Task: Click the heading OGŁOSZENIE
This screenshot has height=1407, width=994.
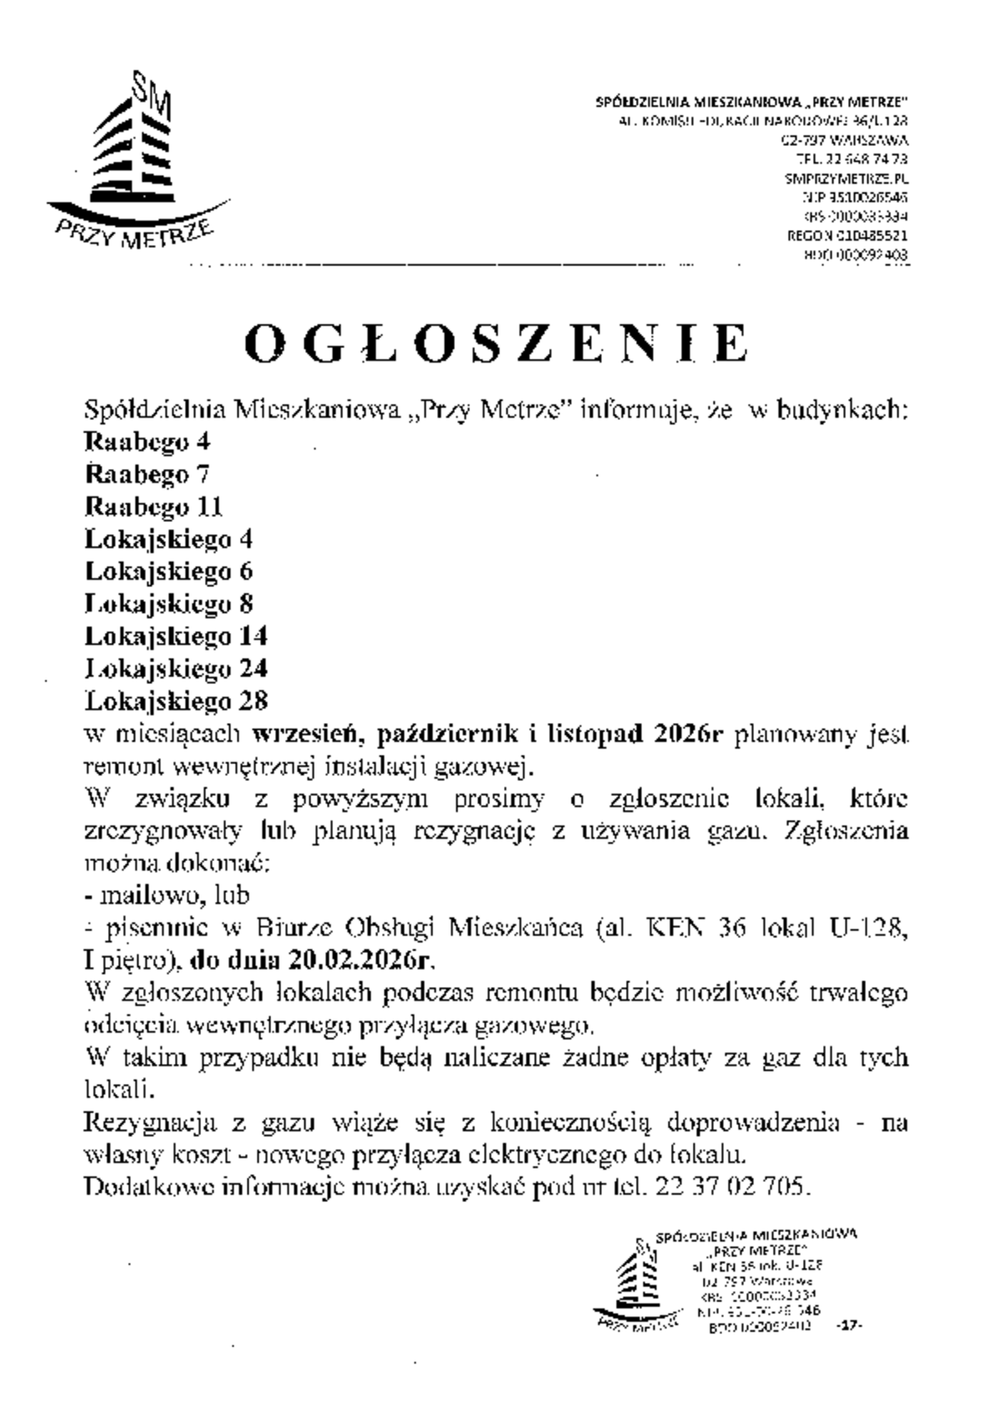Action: (497, 343)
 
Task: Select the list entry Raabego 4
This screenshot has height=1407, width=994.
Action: (147, 442)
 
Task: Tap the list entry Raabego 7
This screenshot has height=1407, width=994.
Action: (147, 474)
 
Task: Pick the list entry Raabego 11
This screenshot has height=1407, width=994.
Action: (153, 507)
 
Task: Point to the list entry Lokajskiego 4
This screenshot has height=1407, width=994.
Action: (169, 539)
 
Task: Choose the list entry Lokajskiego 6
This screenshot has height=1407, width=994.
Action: (169, 571)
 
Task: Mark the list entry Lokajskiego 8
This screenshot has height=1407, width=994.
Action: (169, 604)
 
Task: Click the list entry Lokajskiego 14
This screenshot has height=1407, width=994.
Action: (176, 637)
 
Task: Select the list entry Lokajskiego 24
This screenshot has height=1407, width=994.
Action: (176, 669)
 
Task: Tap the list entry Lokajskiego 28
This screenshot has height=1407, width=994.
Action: (176, 701)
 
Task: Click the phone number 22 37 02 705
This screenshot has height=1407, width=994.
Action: (732, 1187)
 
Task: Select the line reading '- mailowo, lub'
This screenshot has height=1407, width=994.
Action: (166, 895)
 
